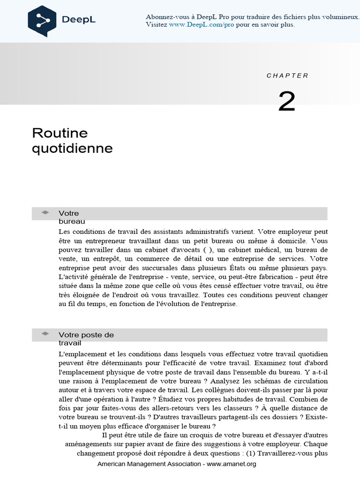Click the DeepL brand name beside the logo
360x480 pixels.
pos(79,19)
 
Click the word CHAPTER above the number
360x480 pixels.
pos(287,75)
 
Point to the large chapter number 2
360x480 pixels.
pos(287,101)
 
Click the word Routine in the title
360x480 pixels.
pos(60,133)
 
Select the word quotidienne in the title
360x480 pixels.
pos(72,149)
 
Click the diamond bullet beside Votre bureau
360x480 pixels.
pos(45,212)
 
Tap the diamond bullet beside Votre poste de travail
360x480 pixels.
pos(45,333)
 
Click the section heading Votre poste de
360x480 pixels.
pos(86,335)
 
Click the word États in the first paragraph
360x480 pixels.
pos(239,268)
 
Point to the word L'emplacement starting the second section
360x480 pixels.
pos(80,354)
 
